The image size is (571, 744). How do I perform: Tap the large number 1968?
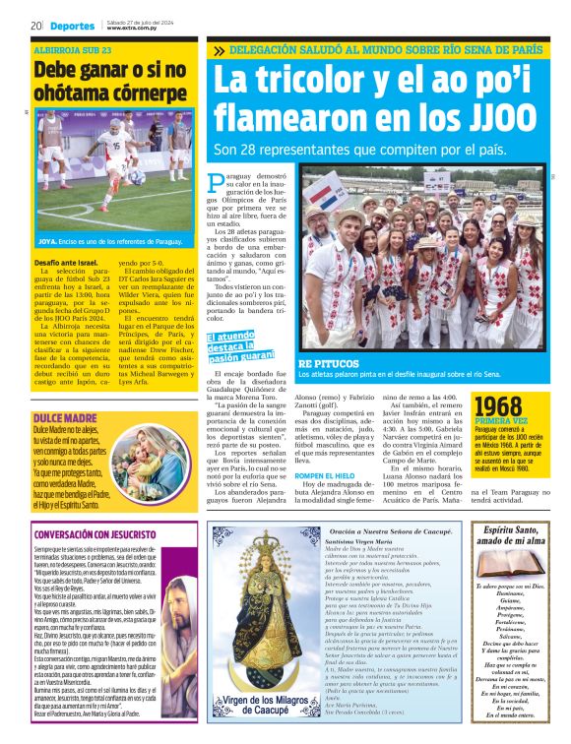(x=498, y=406)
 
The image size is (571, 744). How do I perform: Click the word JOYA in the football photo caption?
(x=48, y=240)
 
